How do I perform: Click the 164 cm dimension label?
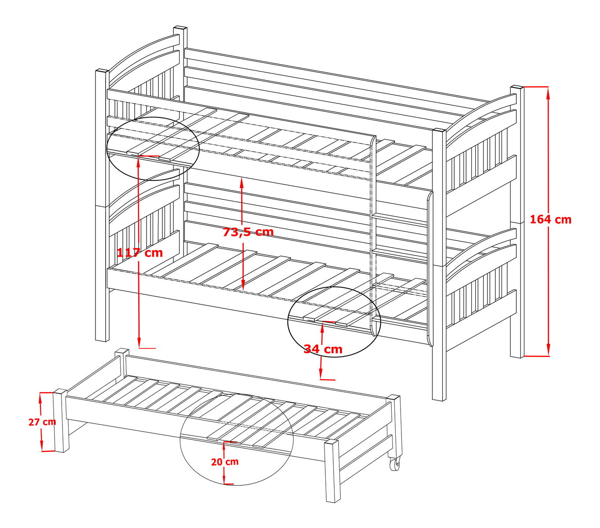point(550,220)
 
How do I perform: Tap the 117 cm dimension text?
point(140,253)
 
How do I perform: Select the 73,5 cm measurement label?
point(248,232)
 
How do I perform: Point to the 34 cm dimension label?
point(323,349)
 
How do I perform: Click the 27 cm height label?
point(42,422)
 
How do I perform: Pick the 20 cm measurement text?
point(225,462)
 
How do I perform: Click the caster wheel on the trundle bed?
point(394,466)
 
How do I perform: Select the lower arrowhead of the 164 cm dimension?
point(548,350)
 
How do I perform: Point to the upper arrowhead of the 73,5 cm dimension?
point(242,183)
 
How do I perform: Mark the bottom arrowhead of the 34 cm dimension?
point(321,374)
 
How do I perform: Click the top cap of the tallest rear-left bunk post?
point(180,28)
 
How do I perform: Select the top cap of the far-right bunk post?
point(517,87)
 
